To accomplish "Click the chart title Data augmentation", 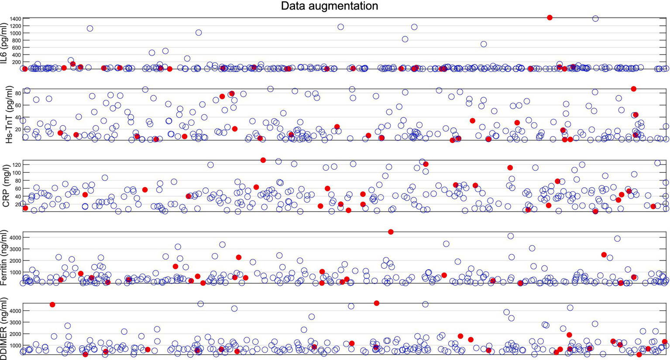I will tap(329, 6).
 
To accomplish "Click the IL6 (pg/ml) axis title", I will tap(5, 44).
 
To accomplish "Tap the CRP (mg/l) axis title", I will tap(6, 186).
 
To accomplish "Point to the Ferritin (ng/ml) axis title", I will tap(5, 258).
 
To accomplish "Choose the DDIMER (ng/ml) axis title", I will tap(5, 329).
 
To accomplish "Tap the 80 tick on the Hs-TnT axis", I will tap(18, 93).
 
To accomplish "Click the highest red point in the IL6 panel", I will tap(550, 17).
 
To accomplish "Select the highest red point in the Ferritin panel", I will tap(391, 232).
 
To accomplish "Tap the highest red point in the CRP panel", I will tap(263, 160).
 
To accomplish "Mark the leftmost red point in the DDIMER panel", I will tap(52, 305).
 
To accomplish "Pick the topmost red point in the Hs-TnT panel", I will tap(633, 89).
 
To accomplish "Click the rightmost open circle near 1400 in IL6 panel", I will tap(595, 19).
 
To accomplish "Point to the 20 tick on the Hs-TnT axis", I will tap(18, 130).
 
